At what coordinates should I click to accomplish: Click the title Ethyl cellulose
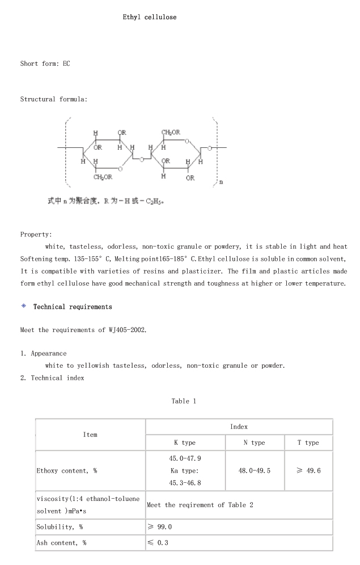[x=150, y=17]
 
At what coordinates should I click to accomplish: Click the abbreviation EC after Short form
[x=66, y=63]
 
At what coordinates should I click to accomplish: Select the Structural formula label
[x=54, y=99]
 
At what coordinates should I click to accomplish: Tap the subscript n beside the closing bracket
[x=221, y=182]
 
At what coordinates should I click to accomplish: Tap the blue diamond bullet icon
[x=24, y=306]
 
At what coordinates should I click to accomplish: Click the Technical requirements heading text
[x=73, y=307]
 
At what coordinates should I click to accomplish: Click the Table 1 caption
[x=184, y=401]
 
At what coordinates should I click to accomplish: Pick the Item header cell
[x=90, y=435]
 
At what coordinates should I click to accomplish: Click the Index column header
[x=239, y=427]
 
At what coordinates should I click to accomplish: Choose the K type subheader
[x=185, y=443]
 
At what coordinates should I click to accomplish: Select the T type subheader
[x=308, y=443]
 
